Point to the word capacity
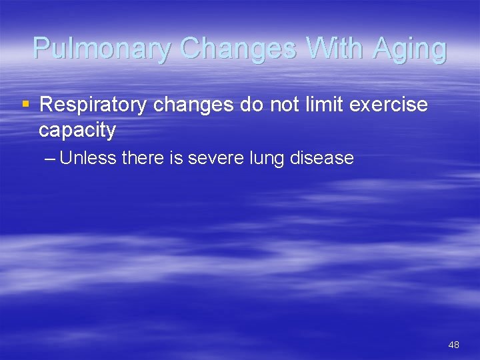pos(77,131)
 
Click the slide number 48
pos(453,345)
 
